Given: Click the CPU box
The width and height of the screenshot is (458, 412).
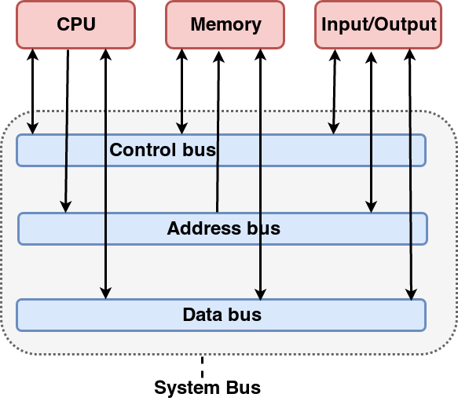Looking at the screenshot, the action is pyautogui.click(x=75, y=24).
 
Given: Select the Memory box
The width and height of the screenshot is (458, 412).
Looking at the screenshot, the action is pyautogui.click(x=225, y=24).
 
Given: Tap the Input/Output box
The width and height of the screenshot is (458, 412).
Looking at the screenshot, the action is pyautogui.click(x=378, y=24).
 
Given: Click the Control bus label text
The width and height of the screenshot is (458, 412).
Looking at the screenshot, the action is pyautogui.click(x=163, y=150).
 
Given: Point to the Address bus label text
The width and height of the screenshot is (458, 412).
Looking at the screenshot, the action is pyautogui.click(x=223, y=228).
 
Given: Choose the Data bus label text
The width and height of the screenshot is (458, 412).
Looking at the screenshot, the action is pyautogui.click(x=222, y=315).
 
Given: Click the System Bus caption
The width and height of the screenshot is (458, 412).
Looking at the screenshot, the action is pyautogui.click(x=207, y=388).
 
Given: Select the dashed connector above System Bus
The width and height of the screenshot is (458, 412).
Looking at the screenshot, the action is pyautogui.click(x=202, y=366).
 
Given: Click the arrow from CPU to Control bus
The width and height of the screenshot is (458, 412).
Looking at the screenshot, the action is pyautogui.click(x=32, y=92).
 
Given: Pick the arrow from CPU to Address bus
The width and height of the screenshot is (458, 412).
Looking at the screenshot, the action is pyautogui.click(x=67, y=131).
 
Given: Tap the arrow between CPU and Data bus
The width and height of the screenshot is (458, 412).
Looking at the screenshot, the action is pyautogui.click(x=105, y=174).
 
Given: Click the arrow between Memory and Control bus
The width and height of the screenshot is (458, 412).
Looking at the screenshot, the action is pyautogui.click(x=181, y=92).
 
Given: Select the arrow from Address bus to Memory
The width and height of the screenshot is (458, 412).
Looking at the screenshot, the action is pyautogui.click(x=218, y=132).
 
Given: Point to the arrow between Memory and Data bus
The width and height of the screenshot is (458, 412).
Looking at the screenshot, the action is pyautogui.click(x=260, y=174).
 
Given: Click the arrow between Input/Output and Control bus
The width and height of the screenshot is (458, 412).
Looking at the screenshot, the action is pyautogui.click(x=334, y=92).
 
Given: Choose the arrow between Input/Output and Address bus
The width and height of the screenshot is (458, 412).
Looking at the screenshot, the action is pyautogui.click(x=371, y=133).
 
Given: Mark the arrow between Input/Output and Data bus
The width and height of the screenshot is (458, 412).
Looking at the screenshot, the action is pyautogui.click(x=410, y=175).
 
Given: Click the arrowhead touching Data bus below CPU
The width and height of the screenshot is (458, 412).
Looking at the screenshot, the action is pyautogui.click(x=105, y=293).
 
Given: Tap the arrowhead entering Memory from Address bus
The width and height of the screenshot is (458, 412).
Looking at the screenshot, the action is pyautogui.click(x=218, y=57).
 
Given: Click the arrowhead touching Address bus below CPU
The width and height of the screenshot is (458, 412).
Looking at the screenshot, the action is pyautogui.click(x=66, y=206).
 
